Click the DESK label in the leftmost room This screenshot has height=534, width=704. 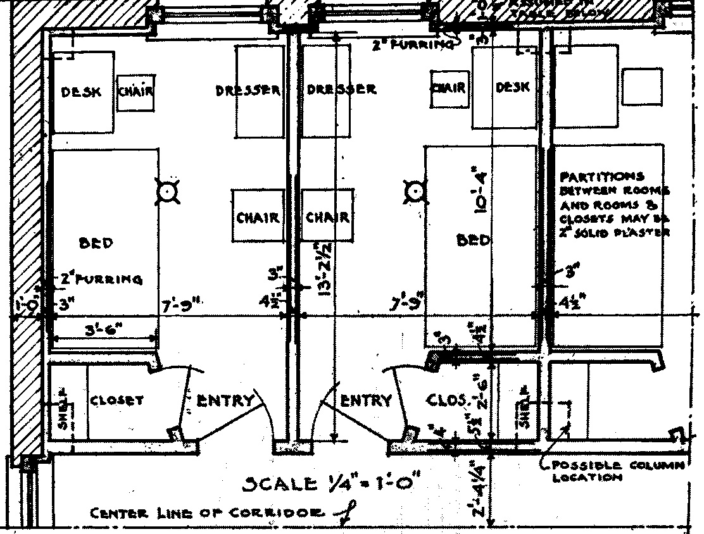(x=80, y=92)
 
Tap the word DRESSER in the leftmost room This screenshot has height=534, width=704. (x=248, y=90)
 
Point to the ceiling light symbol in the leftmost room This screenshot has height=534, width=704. (x=167, y=190)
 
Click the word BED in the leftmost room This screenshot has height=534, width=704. (x=96, y=243)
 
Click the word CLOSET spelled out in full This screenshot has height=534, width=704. (x=116, y=400)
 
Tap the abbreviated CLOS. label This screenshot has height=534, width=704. (x=449, y=400)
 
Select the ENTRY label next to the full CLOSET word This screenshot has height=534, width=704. (x=225, y=400)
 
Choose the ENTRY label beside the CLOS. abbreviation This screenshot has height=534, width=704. (x=366, y=400)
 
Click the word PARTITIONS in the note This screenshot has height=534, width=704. (x=593, y=177)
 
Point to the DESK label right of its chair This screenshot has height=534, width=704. (x=512, y=88)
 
